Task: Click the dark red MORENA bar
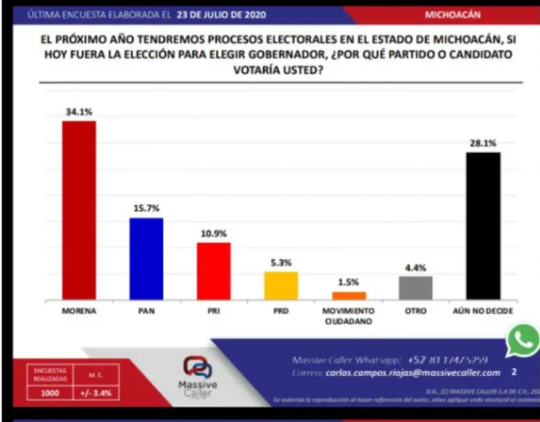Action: [x=79, y=210]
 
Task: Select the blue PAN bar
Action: [x=146, y=259]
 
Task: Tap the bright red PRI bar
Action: [x=213, y=271]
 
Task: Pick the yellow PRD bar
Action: [x=281, y=286]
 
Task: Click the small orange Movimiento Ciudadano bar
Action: [x=349, y=296]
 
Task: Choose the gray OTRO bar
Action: [x=415, y=288]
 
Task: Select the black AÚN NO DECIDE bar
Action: [x=483, y=226]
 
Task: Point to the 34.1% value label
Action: [x=79, y=112]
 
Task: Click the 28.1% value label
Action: [x=483, y=143]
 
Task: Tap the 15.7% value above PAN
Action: [x=146, y=209]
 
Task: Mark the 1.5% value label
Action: [x=349, y=282]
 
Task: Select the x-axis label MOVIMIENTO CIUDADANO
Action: [x=349, y=315]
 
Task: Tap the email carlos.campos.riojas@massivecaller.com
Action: [x=413, y=373]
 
